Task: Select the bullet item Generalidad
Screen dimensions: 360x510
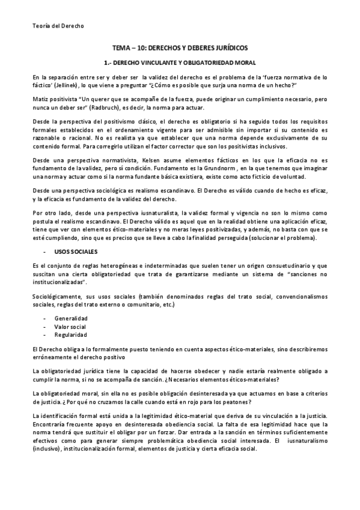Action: pyautogui.click(x=71, y=318)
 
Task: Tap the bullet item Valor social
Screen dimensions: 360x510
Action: pyautogui.click(x=70, y=326)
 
